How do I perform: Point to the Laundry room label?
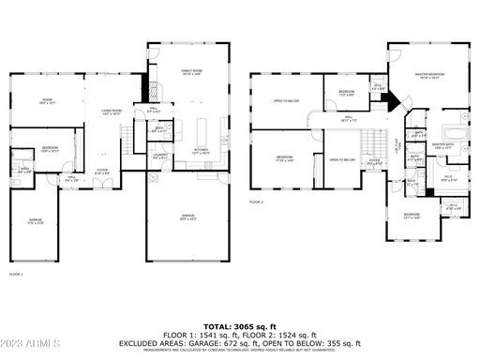coord(160,156)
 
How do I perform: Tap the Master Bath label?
coord(442,145)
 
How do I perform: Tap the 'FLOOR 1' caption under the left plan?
coord(15,274)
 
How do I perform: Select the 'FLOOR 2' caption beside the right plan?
coord(257,202)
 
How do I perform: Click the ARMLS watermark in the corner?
coord(33,347)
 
